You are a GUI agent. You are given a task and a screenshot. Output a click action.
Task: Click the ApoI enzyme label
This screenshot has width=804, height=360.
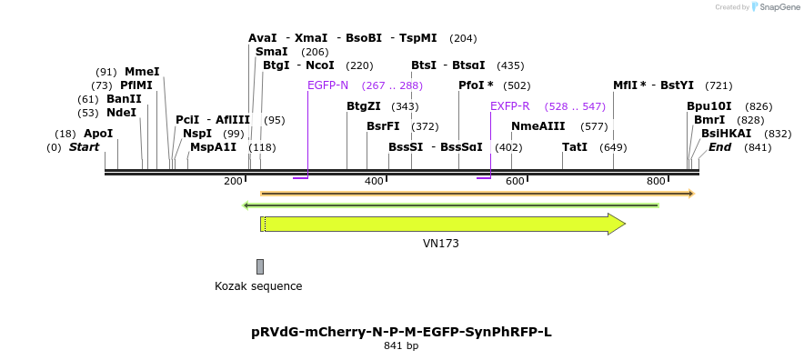pos(98,133)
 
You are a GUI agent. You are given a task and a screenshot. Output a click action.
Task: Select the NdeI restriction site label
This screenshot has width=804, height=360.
pos(121,113)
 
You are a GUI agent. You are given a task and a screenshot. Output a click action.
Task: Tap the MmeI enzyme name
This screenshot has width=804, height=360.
pos(142,72)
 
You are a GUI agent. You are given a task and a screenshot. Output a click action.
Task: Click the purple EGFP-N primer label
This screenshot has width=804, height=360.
pos(327,85)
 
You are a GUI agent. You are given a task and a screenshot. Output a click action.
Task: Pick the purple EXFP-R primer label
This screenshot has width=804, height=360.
pos(509,105)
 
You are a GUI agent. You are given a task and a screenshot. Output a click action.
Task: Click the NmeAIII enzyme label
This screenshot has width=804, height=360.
pos(538,126)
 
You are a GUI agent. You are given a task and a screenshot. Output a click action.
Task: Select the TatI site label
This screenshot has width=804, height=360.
pos(575,146)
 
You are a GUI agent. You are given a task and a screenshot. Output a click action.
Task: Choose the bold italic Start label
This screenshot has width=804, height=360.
pos(84,146)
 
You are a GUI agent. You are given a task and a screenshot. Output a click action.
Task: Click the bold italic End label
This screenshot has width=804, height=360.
pos(719,146)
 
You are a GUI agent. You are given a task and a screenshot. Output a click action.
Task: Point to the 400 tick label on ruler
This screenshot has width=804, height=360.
pos(374,181)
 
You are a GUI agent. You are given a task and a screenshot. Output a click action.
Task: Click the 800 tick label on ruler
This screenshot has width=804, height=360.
pos(656,181)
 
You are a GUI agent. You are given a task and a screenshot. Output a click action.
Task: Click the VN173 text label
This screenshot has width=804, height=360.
pos(441,244)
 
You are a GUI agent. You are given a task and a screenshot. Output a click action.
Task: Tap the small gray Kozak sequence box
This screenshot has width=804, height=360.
pos(260,266)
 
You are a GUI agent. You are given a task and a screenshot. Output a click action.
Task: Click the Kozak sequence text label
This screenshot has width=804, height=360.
pos(258,286)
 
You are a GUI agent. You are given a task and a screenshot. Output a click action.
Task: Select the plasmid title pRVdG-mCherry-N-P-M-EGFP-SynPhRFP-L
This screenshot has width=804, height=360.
pos(401,332)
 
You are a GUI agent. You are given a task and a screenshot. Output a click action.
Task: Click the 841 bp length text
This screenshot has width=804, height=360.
pos(401,346)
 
